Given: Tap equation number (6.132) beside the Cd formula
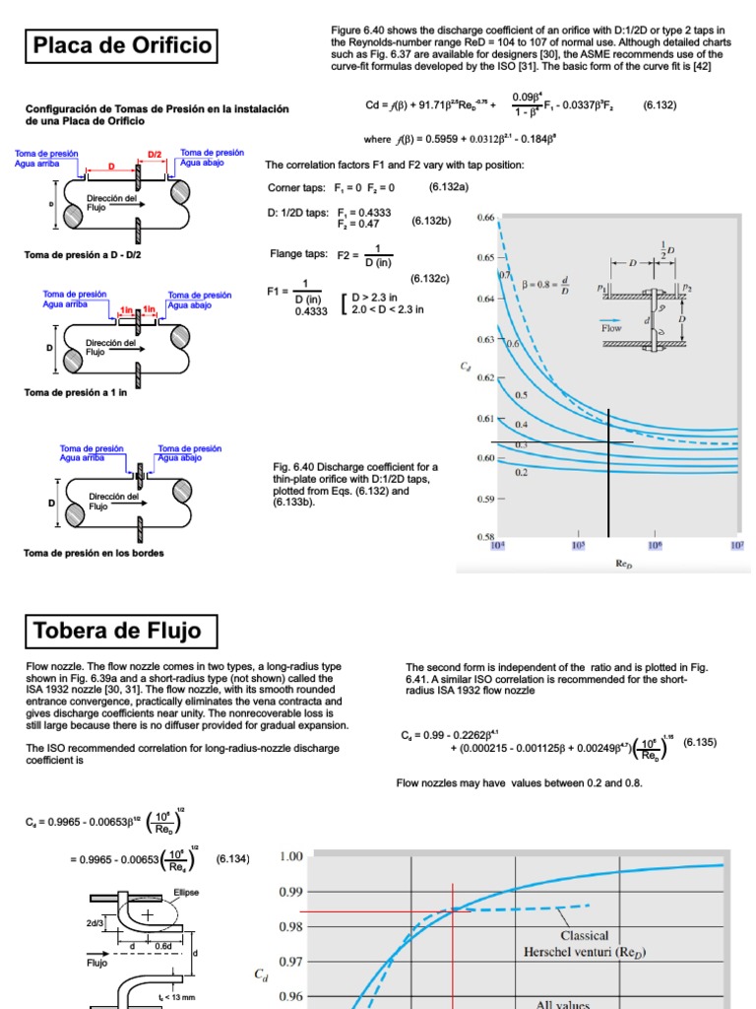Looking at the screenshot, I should pos(659,104).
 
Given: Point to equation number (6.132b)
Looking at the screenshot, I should pos(431,221).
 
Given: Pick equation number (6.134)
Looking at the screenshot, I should pos(232,859).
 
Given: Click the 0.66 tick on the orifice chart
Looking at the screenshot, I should pos(486,217).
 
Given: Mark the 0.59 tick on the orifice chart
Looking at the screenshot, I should pos(486,499).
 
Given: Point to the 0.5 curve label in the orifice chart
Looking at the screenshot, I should pos(521,394).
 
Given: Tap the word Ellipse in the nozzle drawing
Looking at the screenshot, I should pos(187,893).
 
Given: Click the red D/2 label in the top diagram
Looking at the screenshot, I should pos(155,155).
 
